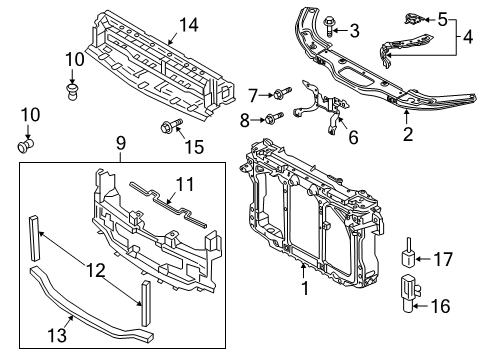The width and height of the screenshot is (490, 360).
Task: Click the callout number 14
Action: tap(189, 25)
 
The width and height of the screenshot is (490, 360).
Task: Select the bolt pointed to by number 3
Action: tap(329, 26)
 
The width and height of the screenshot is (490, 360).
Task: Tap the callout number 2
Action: tap(408, 134)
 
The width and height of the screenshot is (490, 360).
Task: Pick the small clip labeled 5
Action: tap(414, 19)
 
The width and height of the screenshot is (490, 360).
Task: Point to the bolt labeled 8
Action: tap(274, 118)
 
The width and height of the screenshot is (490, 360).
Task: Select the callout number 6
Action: tap(353, 137)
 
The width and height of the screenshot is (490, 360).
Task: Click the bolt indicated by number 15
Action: tap(171, 125)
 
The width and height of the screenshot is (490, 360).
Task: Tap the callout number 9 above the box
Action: tap(121, 143)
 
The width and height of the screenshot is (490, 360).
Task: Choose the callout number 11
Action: tap(185, 184)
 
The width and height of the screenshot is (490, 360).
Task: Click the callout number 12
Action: tap(96, 270)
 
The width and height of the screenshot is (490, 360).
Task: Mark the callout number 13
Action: tap(57, 335)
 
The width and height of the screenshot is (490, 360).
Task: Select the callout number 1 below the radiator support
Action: tap(305, 288)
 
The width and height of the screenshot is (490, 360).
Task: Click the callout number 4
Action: tap(468, 37)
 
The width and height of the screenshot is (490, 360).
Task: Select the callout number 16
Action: tap(441, 306)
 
